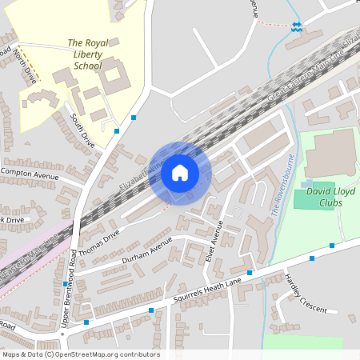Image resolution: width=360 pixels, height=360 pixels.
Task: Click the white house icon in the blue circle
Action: [179, 172]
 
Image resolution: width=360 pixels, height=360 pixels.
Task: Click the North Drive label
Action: [26, 66]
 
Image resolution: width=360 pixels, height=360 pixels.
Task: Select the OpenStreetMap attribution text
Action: [80, 354]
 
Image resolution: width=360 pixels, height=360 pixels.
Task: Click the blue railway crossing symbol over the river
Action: [298, 27]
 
